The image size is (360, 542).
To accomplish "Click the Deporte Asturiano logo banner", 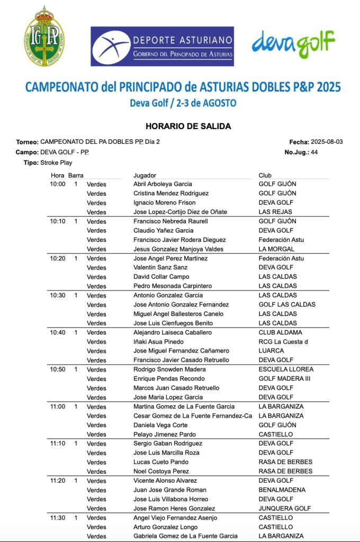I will [162, 47].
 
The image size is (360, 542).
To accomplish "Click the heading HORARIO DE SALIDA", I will [188, 127].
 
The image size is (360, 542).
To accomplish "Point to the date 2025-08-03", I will [327, 142].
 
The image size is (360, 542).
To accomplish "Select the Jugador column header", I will [145, 175].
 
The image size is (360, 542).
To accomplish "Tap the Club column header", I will [265, 175].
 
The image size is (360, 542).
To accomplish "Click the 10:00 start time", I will [58, 184].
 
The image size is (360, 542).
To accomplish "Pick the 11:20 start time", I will [58, 481].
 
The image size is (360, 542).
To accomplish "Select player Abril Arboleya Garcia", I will [163, 184].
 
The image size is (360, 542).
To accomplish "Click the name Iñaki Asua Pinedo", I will [158, 342].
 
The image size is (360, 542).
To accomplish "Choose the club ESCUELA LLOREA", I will [286, 369].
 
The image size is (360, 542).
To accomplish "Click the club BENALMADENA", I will [282, 490].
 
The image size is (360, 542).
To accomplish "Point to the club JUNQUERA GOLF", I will [284, 509].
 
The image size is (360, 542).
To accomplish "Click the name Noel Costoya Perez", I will [161, 472].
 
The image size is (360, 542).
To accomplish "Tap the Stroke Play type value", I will [56, 162].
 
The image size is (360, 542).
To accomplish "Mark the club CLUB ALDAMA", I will [280, 332].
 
